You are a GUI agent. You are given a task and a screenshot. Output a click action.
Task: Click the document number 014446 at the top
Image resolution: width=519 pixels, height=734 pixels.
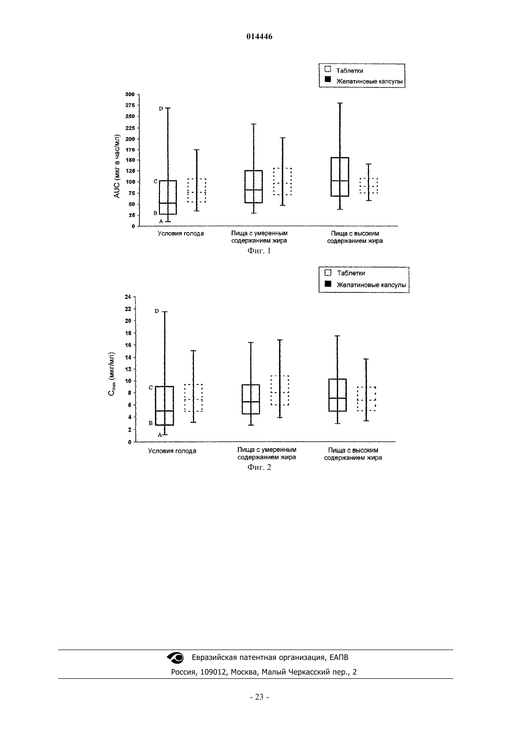[x=259, y=37]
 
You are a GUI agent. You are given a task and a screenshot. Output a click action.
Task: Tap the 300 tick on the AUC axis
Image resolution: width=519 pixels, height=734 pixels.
[x=130, y=94]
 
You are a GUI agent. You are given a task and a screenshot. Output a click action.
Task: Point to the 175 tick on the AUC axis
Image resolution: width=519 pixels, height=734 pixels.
[x=130, y=150]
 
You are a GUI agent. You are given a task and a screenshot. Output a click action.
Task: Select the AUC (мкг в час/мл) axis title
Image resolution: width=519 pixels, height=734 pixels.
[x=117, y=166]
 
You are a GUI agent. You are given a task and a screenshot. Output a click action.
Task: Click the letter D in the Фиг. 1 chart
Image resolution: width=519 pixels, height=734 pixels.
[x=161, y=108]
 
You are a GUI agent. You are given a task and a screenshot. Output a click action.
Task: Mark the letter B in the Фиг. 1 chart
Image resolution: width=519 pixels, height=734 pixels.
[x=155, y=213]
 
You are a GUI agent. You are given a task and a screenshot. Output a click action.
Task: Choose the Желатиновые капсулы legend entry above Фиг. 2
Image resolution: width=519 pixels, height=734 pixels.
[x=365, y=284]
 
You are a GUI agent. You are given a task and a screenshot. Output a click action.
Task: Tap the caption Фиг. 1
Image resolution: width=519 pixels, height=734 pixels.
[x=259, y=251]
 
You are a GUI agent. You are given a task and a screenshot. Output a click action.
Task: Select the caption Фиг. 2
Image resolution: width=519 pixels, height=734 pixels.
[x=259, y=467]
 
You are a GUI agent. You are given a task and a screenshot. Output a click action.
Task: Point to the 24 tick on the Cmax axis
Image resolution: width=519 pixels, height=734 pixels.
[x=128, y=297]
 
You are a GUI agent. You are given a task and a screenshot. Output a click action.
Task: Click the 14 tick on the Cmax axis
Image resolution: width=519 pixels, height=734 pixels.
[x=128, y=357]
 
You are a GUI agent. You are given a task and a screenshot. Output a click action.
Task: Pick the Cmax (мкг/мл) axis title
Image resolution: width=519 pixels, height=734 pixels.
[x=112, y=374]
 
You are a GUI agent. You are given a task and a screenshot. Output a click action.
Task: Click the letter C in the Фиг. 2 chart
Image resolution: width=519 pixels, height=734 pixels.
[x=151, y=388]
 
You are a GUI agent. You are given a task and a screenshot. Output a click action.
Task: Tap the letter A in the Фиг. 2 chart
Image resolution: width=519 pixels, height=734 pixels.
[x=160, y=435]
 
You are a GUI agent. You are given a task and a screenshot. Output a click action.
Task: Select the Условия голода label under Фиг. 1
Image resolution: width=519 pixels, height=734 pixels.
[x=181, y=234]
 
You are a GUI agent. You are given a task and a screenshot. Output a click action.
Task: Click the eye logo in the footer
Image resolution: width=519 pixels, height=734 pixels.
[x=176, y=657]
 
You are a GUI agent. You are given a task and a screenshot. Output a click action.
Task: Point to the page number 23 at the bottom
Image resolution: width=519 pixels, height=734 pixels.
[x=259, y=697]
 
